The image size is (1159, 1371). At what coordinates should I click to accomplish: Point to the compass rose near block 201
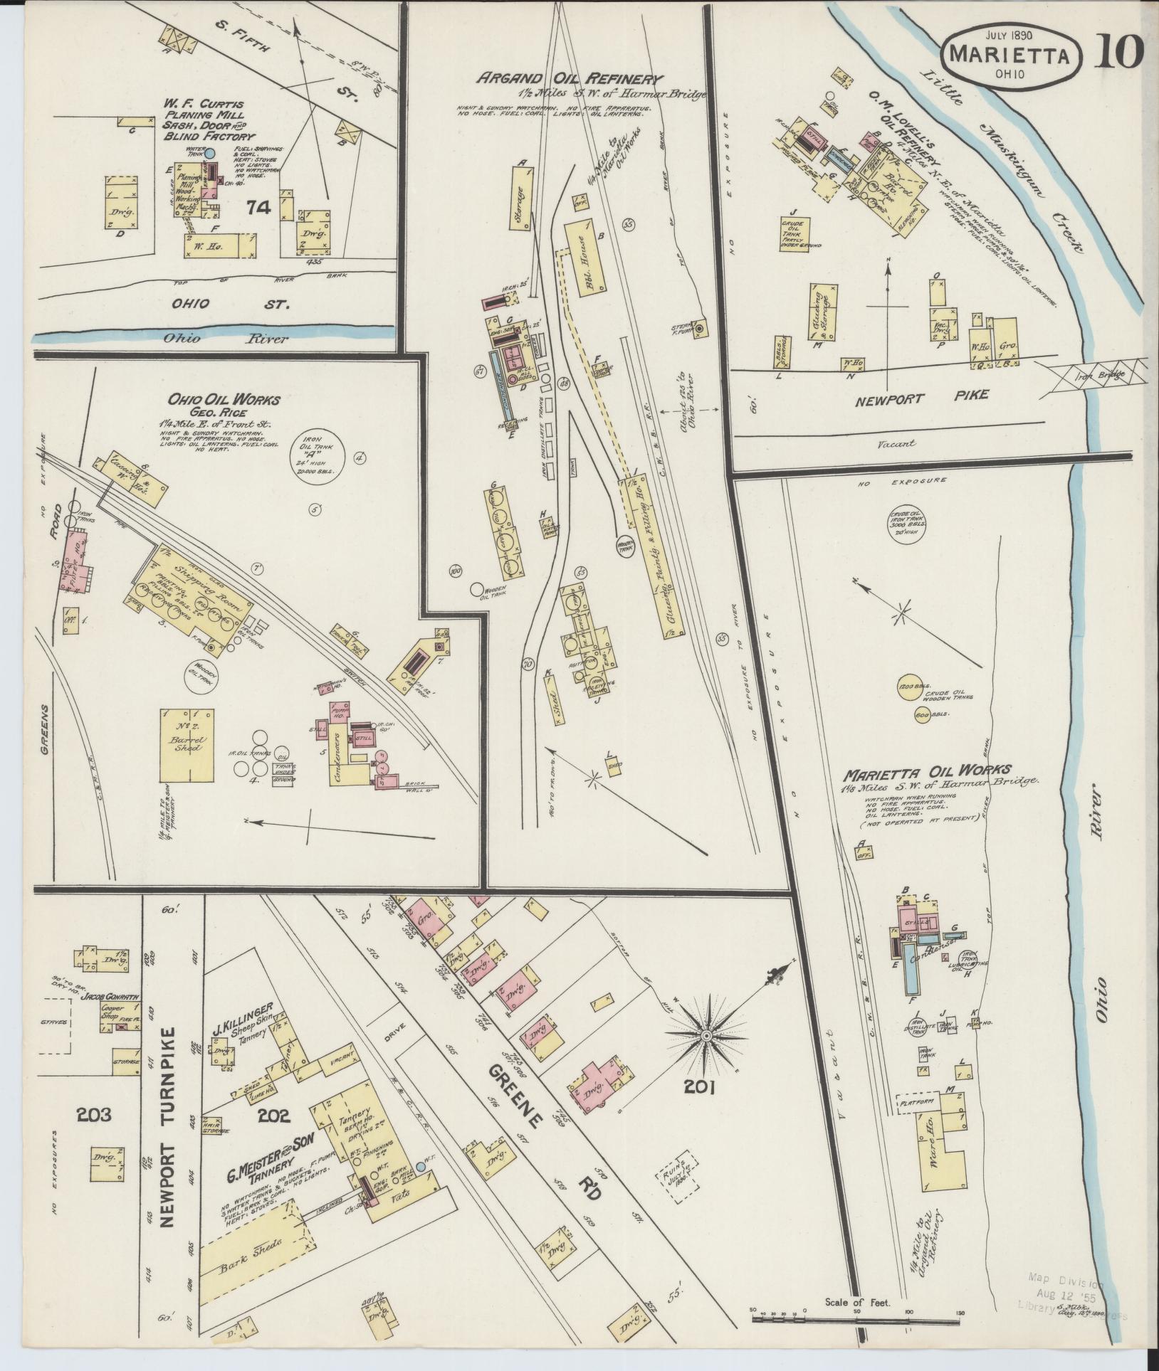(x=706, y=1036)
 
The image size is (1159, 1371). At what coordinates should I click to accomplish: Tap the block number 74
(x=259, y=207)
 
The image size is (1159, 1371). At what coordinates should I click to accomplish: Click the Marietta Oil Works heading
(x=928, y=770)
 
